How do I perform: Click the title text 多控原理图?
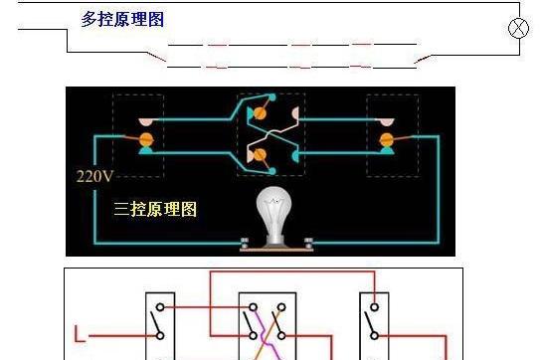(122, 20)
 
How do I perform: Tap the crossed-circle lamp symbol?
(518, 27)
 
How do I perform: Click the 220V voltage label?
(92, 177)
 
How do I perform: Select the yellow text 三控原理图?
(157, 210)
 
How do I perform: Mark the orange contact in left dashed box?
(147, 136)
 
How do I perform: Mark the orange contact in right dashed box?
(388, 136)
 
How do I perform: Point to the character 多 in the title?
(89, 20)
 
